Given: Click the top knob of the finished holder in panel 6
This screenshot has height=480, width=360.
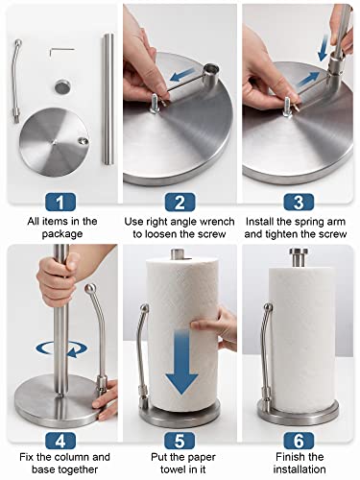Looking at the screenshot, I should pos(300,257).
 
